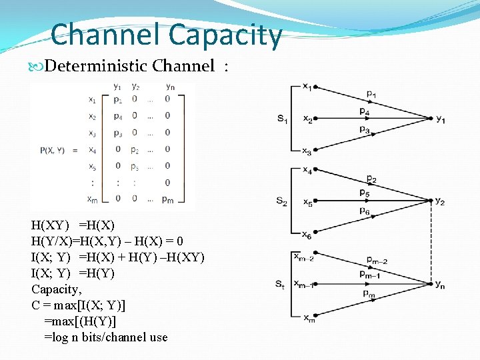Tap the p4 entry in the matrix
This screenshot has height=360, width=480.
coord(118,116)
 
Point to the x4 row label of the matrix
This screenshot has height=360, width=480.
coord(91,149)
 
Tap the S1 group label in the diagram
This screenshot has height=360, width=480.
coord(283,119)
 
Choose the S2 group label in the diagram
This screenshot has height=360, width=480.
coord(283,201)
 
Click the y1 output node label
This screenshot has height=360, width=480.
coord(441,119)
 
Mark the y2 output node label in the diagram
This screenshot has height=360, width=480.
coord(440,201)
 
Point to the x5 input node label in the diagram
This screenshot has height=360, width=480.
coord(307,201)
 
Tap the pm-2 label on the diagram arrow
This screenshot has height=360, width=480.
coord(376,261)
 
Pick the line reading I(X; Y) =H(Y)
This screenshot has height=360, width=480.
coord(73,273)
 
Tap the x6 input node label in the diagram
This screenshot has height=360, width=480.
coord(307,235)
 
